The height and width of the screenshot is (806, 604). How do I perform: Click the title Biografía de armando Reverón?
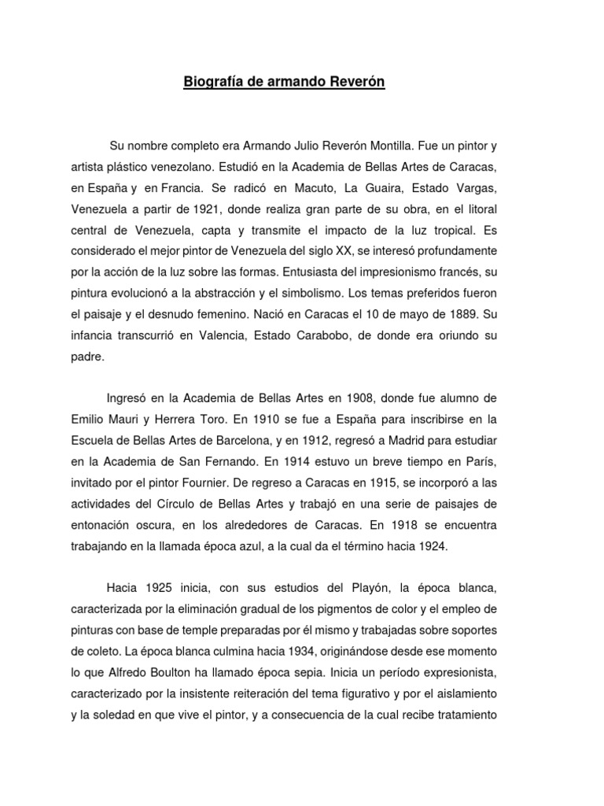[284, 81]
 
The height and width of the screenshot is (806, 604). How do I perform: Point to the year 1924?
[430, 545]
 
